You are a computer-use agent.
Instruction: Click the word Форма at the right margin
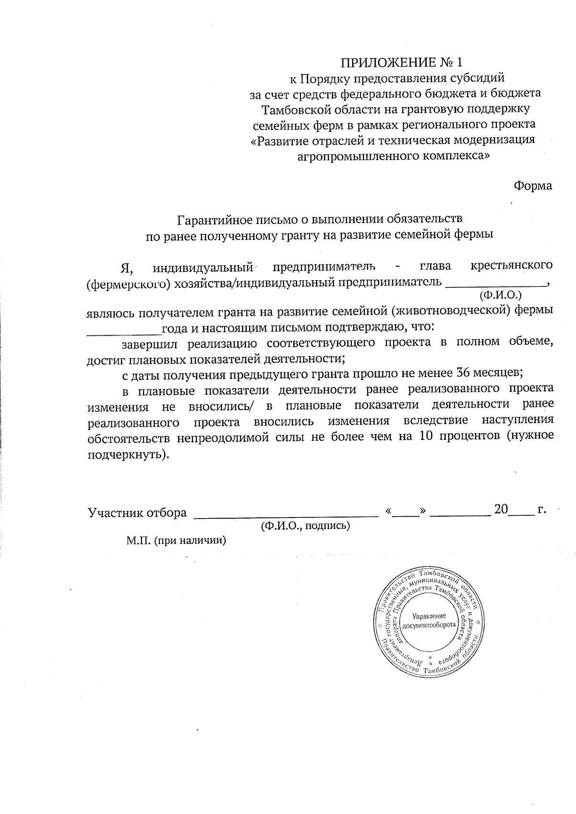tap(533, 186)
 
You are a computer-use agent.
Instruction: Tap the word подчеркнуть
tap(128, 454)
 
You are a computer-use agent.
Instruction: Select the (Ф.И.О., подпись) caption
tap(305, 526)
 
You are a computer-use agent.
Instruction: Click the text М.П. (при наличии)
tap(176, 541)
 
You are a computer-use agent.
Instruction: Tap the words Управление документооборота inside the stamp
tap(429, 621)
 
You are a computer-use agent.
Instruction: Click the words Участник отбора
tap(137, 513)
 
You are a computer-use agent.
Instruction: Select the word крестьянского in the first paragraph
tap(512, 265)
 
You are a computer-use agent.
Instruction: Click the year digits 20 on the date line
tap(501, 510)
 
